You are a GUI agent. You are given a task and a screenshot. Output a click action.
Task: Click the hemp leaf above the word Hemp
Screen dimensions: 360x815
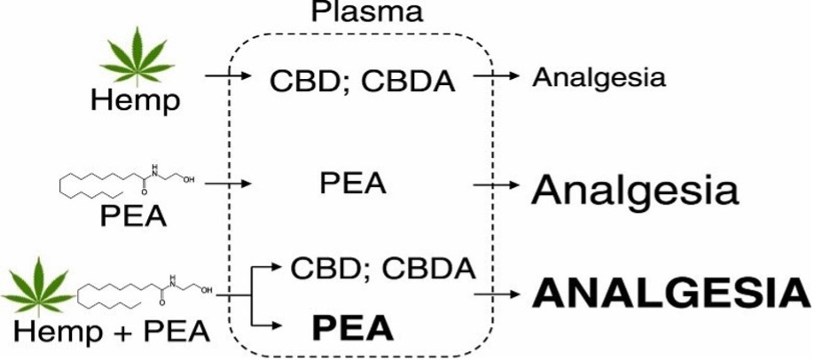[136, 56]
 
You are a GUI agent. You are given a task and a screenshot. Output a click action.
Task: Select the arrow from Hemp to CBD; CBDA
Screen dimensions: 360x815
[229, 78]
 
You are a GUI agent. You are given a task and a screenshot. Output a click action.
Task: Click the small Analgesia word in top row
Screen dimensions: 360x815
[599, 77]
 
